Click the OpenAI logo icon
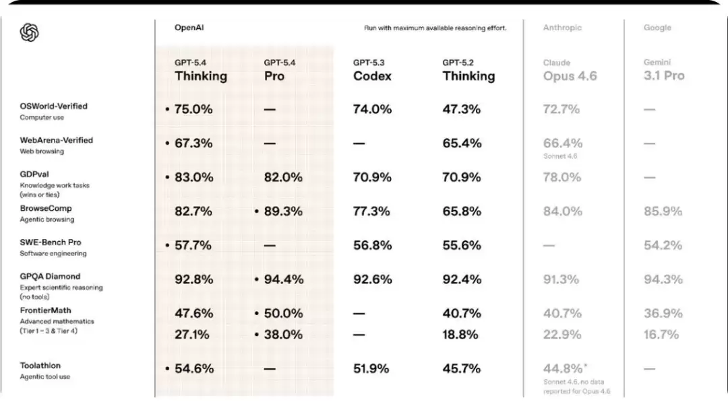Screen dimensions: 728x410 pos(29,32)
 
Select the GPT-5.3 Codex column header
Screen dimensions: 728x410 pos(372,71)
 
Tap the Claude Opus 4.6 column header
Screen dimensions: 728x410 pos(570,71)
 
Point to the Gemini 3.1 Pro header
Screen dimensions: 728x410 pos(664,71)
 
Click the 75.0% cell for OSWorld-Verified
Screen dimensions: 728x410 pos(193,109)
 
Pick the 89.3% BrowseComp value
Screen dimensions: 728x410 pos(283,211)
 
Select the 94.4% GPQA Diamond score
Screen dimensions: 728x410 pos(284,279)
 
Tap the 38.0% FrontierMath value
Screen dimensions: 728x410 pos(283,335)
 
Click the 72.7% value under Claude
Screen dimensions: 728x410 pos(562,109)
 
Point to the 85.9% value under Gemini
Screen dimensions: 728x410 pos(663,211)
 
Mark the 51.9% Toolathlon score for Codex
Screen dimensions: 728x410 pos(371,368)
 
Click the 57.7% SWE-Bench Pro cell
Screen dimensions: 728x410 pos(193,245)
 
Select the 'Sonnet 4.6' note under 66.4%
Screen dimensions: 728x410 pos(560,156)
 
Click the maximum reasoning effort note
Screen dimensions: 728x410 pos(435,28)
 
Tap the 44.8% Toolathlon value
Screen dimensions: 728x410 pos(563,368)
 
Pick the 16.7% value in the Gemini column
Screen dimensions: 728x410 pos(661,335)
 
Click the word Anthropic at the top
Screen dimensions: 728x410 pos(562,28)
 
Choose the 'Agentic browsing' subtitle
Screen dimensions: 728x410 pos(47,219)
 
